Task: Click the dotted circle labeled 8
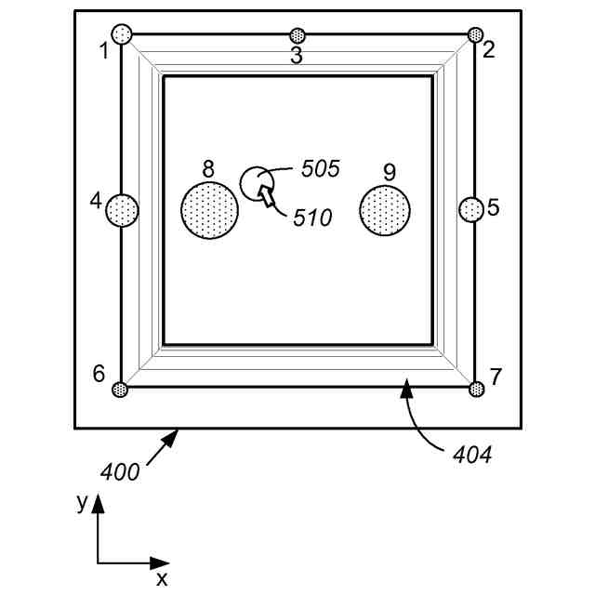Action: (209, 210)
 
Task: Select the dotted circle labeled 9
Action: (385, 210)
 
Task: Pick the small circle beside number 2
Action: (475, 34)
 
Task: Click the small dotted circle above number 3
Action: (297, 35)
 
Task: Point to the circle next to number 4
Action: (122, 210)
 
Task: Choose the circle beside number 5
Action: (471, 210)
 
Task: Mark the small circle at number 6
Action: (119, 390)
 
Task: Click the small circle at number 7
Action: (477, 389)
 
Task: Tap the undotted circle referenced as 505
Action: (255, 181)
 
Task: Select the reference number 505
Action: (321, 169)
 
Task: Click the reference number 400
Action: (121, 472)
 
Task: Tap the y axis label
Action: (82, 503)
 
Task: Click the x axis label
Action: (162, 564)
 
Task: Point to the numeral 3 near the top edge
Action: (297, 56)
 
